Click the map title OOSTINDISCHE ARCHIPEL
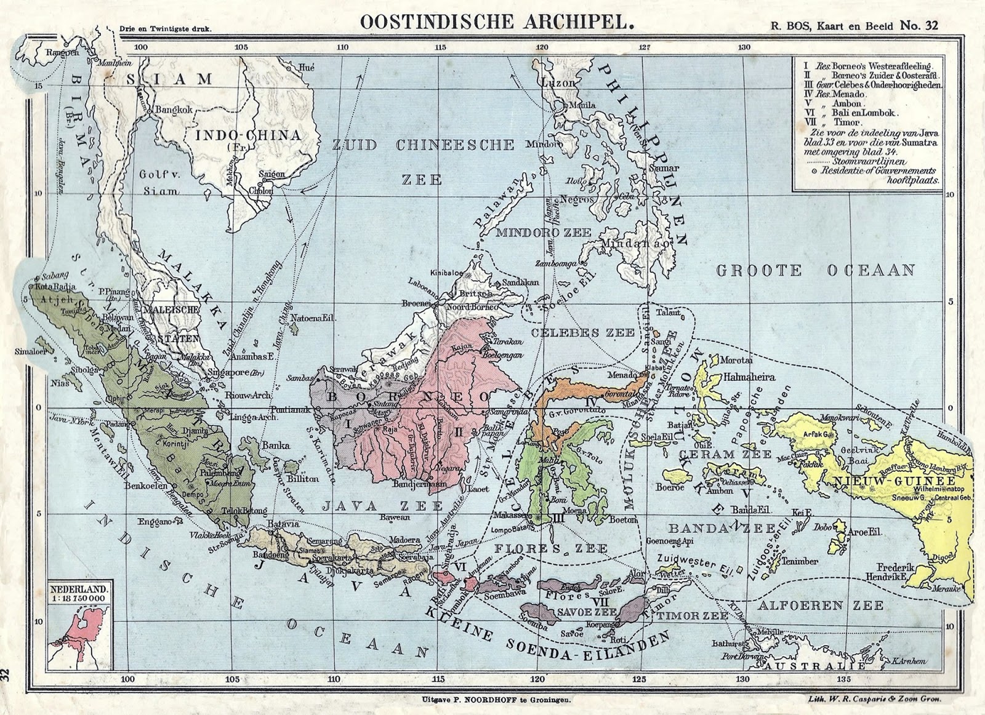(496, 22)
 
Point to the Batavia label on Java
(283, 524)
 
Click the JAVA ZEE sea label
(383, 506)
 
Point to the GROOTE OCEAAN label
(816, 270)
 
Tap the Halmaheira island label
(749, 377)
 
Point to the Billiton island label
(302, 478)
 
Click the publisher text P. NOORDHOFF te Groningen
(496, 700)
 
